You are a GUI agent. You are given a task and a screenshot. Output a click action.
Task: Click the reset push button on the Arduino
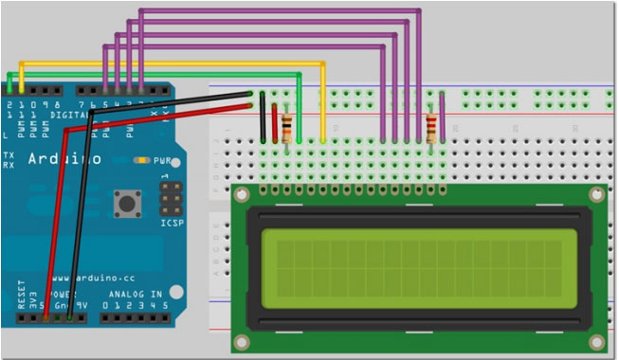point(124,202)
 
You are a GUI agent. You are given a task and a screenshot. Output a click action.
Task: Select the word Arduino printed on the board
point(64,159)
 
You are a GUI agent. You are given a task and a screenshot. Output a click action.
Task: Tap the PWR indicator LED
point(142,160)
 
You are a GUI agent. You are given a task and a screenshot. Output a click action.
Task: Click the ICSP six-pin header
point(171,198)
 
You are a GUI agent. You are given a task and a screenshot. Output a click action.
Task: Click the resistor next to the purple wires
point(432,127)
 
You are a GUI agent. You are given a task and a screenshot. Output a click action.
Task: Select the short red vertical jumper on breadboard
point(275,122)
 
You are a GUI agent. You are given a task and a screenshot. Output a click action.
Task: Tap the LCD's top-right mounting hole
point(595,195)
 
